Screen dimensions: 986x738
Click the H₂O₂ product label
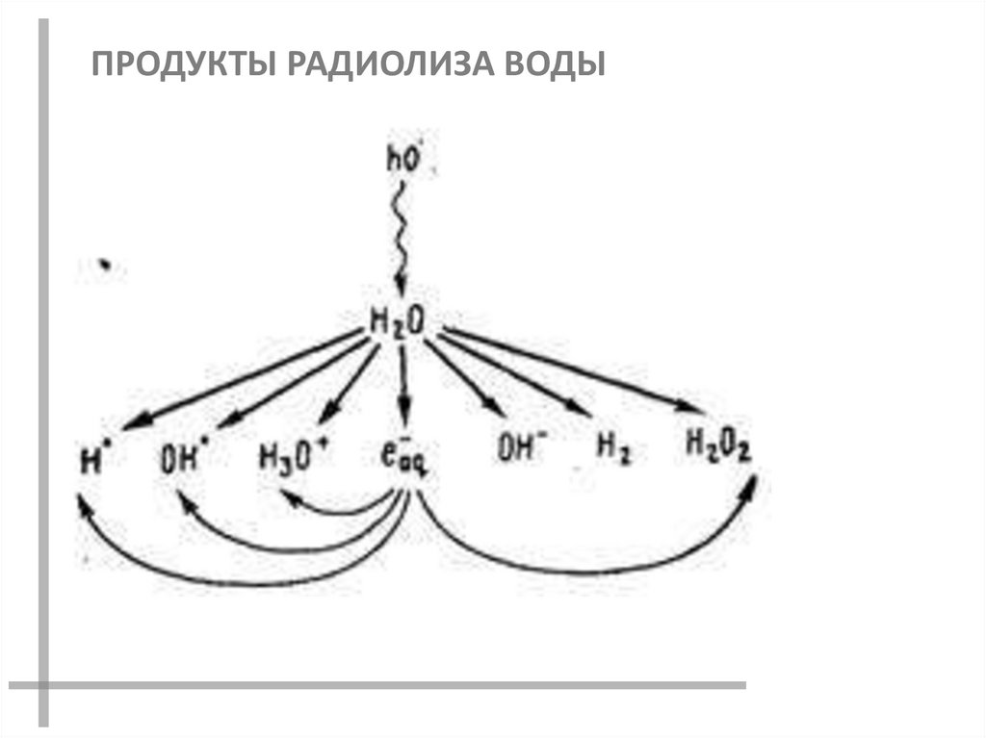point(717,445)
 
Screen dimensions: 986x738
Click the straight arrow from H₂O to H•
point(241,377)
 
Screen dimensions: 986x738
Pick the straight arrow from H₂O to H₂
point(515,375)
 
